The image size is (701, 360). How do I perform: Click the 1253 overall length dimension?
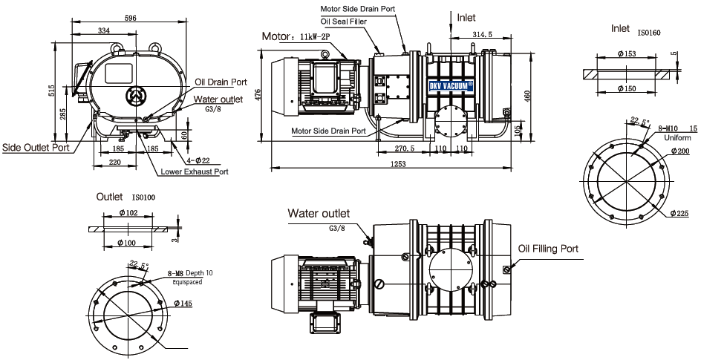(398, 164)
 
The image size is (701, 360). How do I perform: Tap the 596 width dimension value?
(130, 18)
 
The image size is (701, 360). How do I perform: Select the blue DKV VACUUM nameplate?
(451, 86)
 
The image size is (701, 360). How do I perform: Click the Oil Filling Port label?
(548, 249)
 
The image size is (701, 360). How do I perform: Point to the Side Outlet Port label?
(36, 147)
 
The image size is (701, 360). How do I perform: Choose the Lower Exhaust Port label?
(195, 171)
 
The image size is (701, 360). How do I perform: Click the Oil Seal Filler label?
(343, 22)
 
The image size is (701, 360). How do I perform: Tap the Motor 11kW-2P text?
(296, 36)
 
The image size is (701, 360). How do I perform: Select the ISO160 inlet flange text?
(649, 33)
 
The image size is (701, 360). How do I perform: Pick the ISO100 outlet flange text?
(143, 197)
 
